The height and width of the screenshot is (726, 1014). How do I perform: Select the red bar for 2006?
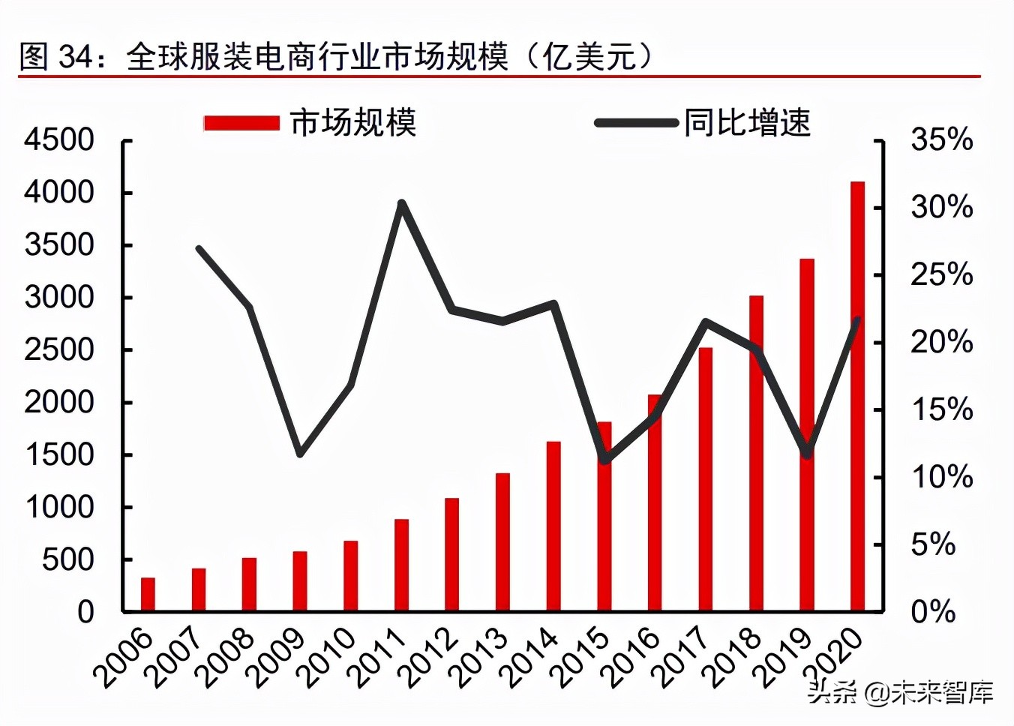(x=148, y=594)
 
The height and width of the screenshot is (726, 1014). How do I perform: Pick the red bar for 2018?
(x=756, y=453)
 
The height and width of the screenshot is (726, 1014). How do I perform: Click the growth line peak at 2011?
(x=402, y=203)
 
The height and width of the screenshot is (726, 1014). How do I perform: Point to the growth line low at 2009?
(x=300, y=454)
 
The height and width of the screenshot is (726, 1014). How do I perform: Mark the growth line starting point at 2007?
(x=199, y=248)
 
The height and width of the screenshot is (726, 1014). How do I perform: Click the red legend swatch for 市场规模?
(x=241, y=123)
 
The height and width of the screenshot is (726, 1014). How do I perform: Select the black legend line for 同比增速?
(x=636, y=123)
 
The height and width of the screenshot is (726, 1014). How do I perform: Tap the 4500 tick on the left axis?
(x=59, y=140)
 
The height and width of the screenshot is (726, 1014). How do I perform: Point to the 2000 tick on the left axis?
(x=59, y=403)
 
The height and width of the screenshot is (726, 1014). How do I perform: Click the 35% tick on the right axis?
(x=941, y=140)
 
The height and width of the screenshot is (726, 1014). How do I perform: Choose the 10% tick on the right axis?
(x=941, y=477)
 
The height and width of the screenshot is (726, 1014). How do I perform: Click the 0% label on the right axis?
(x=933, y=612)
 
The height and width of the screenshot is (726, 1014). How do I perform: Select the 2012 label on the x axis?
(x=430, y=658)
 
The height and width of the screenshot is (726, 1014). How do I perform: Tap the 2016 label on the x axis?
(x=632, y=658)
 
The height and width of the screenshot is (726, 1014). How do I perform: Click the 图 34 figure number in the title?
(x=55, y=56)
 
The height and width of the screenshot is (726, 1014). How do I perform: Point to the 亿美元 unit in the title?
(x=589, y=56)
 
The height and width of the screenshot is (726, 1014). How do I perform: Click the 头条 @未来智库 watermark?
(x=900, y=691)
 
